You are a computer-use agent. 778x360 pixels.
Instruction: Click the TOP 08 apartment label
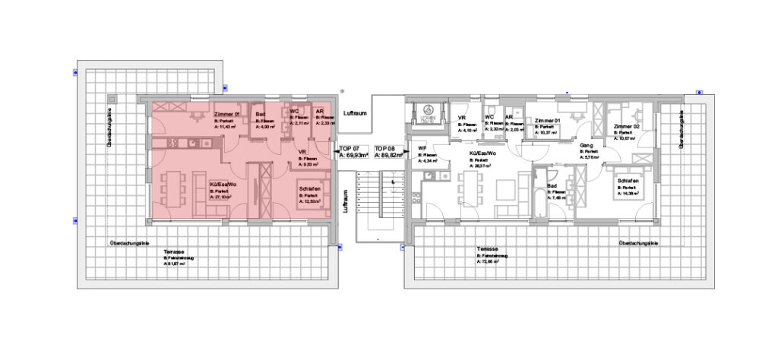click(x=385, y=148)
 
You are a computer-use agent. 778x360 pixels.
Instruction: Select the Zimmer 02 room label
click(x=627, y=126)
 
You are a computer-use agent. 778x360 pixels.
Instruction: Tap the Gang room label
click(x=586, y=144)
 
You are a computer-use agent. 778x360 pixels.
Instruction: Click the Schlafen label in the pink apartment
click(x=309, y=189)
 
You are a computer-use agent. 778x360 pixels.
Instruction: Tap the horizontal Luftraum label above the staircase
click(x=355, y=112)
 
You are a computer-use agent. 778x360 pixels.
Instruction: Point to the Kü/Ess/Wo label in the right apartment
click(x=483, y=153)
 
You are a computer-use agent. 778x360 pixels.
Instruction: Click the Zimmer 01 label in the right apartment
click(x=547, y=120)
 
